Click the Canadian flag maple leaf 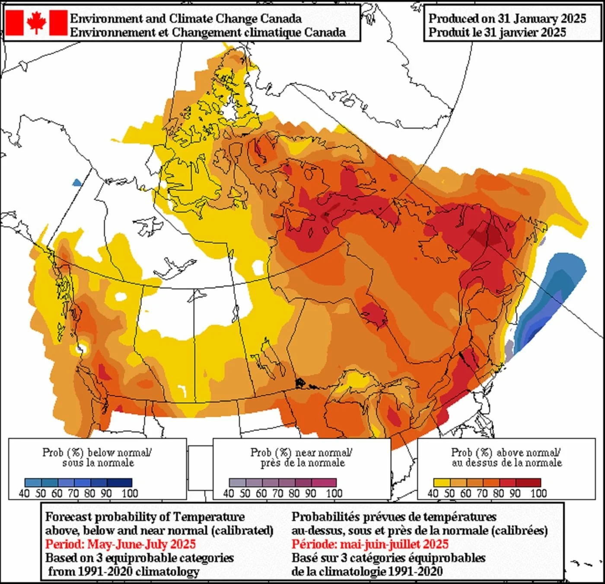pos(36,22)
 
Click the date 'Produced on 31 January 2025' pos(507,19)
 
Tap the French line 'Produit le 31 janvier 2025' pos(497,32)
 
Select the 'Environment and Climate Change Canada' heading pos(186,19)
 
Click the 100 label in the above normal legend pos(539,493)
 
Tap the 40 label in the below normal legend pos(25,493)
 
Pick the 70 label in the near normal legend pos(278,493)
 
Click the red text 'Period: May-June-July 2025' pos(121,544)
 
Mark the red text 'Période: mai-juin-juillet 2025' pos(370,544)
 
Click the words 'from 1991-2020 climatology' pos(124,571)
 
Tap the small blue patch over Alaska pos(77,182)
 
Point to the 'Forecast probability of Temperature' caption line pos(145,517)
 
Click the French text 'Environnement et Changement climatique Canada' pos(208,32)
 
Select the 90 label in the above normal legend pos(514,493)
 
